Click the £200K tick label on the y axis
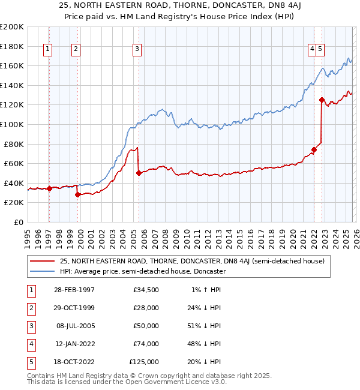pos(12,26)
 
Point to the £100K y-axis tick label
pos(12,124)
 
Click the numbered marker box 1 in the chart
pos(47,50)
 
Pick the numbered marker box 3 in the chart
pos(137,50)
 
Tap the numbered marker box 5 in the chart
pos(320,50)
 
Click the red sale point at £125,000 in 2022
pos(322,100)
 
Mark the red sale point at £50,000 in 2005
pos(139,173)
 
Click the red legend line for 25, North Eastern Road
pos(42,261)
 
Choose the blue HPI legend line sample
pos(42,271)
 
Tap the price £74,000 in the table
pos(146,344)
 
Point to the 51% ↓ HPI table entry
pos(205,326)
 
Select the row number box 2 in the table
pos(30,308)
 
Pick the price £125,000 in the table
pos(144,362)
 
